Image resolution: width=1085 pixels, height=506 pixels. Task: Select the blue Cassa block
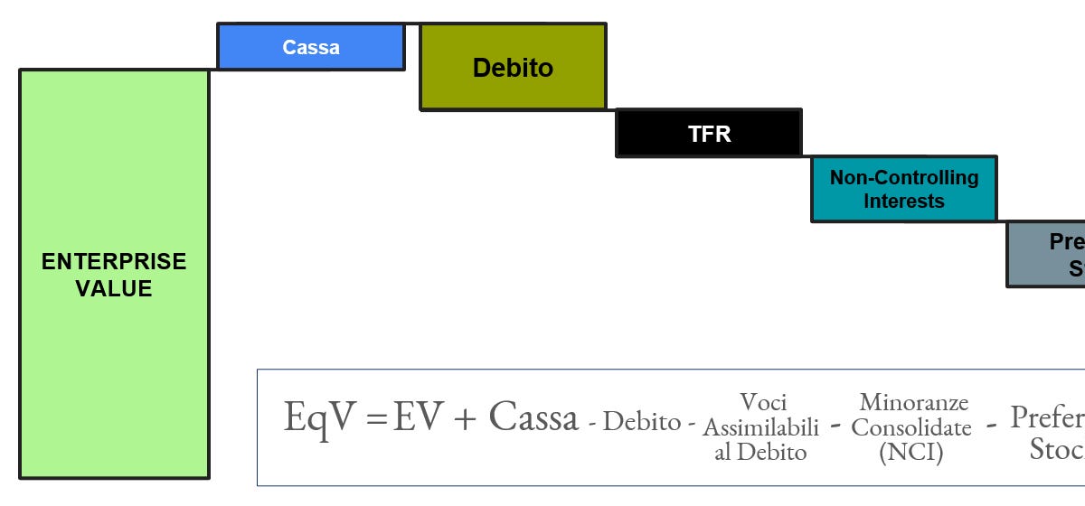(x=310, y=47)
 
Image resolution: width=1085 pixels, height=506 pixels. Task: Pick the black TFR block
(x=709, y=134)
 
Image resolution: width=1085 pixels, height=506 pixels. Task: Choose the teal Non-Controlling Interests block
(x=904, y=189)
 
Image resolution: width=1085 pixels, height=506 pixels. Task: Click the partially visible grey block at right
(x=1047, y=255)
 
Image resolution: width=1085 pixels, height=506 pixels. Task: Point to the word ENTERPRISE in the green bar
(x=114, y=262)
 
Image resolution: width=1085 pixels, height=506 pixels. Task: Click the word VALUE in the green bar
(x=114, y=289)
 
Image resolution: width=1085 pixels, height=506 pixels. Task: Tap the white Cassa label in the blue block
(x=310, y=47)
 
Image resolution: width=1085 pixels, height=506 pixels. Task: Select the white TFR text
(x=709, y=134)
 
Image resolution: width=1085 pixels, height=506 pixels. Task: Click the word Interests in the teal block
(x=904, y=201)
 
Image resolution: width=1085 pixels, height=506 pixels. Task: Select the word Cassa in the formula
(x=533, y=417)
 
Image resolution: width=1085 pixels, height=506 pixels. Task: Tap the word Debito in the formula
(x=642, y=421)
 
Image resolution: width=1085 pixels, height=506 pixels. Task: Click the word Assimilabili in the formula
(x=761, y=426)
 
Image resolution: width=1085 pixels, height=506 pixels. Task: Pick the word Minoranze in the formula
(x=913, y=402)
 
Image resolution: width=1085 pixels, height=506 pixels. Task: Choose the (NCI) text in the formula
(x=911, y=452)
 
